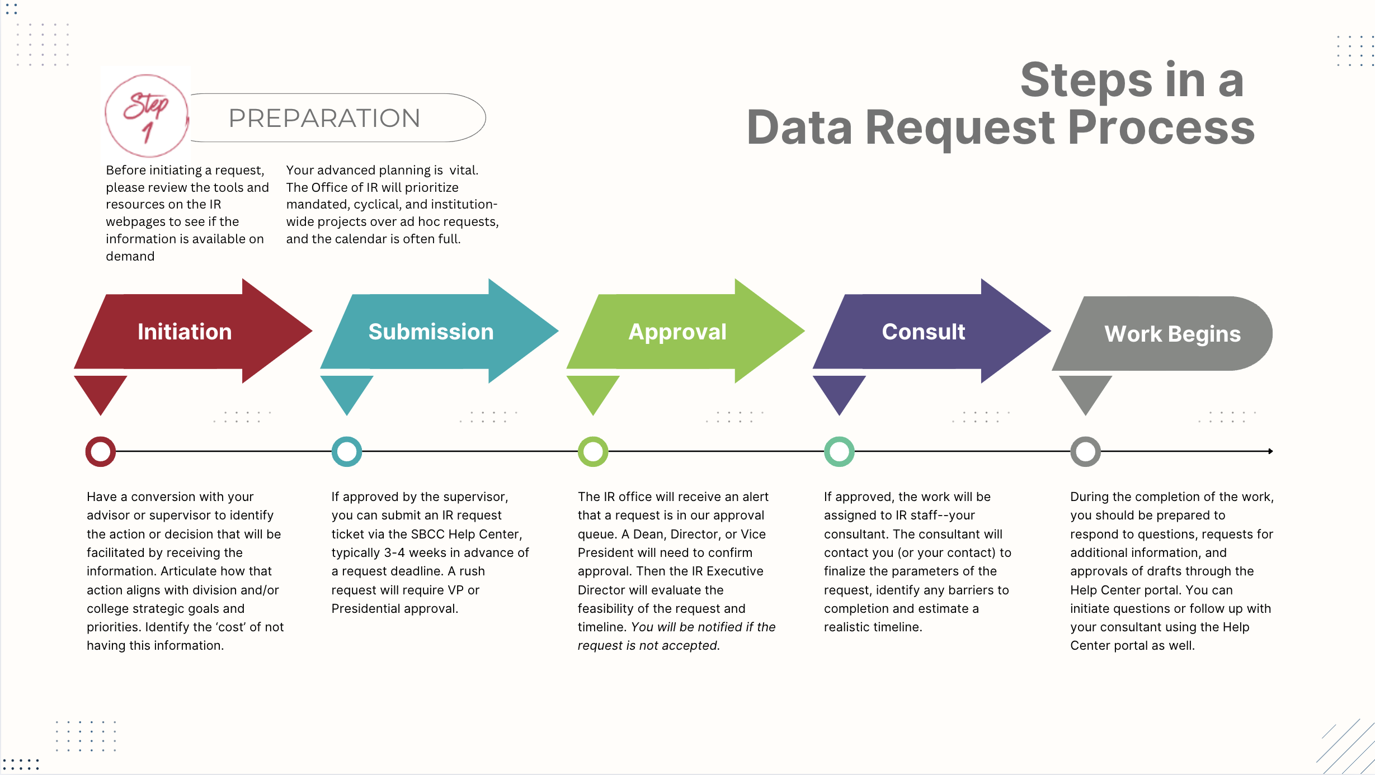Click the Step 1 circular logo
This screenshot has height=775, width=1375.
click(x=147, y=116)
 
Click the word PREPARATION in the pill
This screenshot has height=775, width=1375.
click(x=324, y=119)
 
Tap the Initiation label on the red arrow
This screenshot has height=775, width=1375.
click(x=185, y=332)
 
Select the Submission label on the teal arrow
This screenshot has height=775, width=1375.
click(x=431, y=332)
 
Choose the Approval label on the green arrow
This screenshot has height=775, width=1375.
click(x=677, y=332)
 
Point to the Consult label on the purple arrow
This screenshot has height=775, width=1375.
click(x=923, y=332)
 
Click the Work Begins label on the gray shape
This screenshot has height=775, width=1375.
click(x=1172, y=334)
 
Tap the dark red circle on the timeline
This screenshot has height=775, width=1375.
click(x=101, y=451)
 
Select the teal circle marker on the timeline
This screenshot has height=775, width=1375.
click(x=347, y=451)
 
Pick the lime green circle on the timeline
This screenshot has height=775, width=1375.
click(x=593, y=451)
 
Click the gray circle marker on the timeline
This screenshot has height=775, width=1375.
click(x=1085, y=451)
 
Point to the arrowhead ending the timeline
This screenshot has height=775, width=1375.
click(x=1270, y=451)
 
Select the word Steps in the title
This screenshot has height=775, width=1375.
click(x=1086, y=81)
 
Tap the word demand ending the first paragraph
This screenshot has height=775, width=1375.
click(x=130, y=256)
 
